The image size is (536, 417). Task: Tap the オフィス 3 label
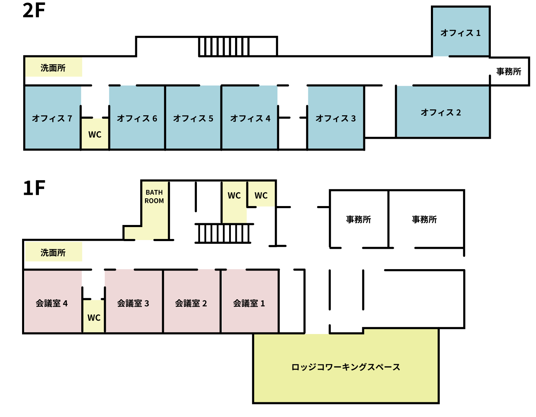pos(336,118)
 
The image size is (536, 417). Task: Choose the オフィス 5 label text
pos(193,118)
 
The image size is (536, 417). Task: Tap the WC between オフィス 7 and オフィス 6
pos(95,134)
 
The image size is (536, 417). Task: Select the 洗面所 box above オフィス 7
pos(54,67)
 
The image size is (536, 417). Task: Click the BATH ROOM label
pos(154,197)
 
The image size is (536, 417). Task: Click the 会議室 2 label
pos(191,303)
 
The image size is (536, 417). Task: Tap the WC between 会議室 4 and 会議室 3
pos(94,317)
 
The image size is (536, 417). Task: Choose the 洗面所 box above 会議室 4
pos(54,252)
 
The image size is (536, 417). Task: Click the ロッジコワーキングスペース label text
pos(346,367)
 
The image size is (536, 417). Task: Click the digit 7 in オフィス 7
pos(70,118)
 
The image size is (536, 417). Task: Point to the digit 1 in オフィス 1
pos(478,33)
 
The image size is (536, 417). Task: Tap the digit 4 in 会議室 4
pos(65,303)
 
